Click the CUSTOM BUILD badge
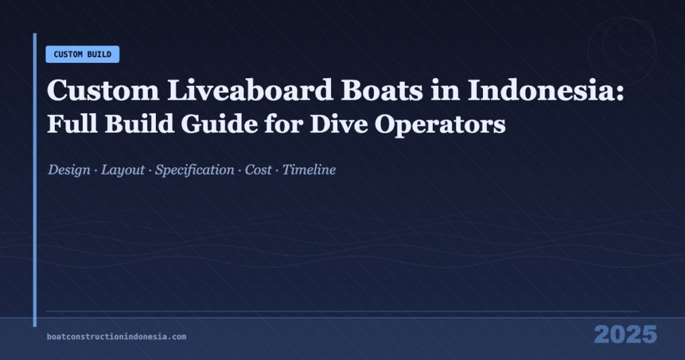pyautogui.click(x=82, y=54)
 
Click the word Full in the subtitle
pyautogui.click(x=66, y=125)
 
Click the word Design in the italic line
pyautogui.click(x=69, y=170)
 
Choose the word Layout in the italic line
pyautogui.click(x=123, y=170)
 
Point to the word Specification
pyautogui.click(x=195, y=170)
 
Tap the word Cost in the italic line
pyautogui.click(x=258, y=170)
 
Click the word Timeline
pyautogui.click(x=309, y=170)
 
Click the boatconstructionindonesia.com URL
pyautogui.click(x=116, y=337)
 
